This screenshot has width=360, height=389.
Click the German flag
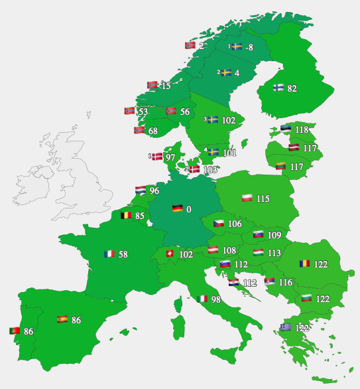pyautogui.click(x=177, y=208)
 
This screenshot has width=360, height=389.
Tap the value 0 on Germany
pyautogui.click(x=189, y=209)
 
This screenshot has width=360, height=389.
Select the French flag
pyautogui.click(x=109, y=254)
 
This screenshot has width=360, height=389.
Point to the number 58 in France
pyautogui.click(x=123, y=254)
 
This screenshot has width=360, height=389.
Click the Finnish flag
pyautogui.click(x=278, y=88)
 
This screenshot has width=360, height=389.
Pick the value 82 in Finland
pyautogui.click(x=292, y=88)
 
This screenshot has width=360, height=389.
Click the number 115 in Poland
pyautogui.click(x=263, y=198)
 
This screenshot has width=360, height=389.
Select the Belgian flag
pyautogui.click(x=125, y=215)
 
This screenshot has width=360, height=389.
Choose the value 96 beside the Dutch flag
pyautogui.click(x=154, y=191)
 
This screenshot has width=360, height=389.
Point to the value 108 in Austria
pyautogui.click(x=229, y=250)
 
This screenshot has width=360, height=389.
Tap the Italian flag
pyautogui.click(x=202, y=299)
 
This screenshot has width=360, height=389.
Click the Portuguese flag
pyautogui.click(x=14, y=331)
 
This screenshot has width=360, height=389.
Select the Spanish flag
pyautogui.click(x=62, y=319)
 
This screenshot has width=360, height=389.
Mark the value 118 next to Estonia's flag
pyautogui.click(x=302, y=130)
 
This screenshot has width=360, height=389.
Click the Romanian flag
pyautogui.click(x=305, y=264)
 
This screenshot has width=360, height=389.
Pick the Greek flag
pyautogui.click(x=285, y=327)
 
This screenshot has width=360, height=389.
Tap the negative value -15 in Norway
pyautogui.click(x=165, y=86)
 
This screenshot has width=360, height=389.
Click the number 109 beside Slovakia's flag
pyautogui.click(x=274, y=235)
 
